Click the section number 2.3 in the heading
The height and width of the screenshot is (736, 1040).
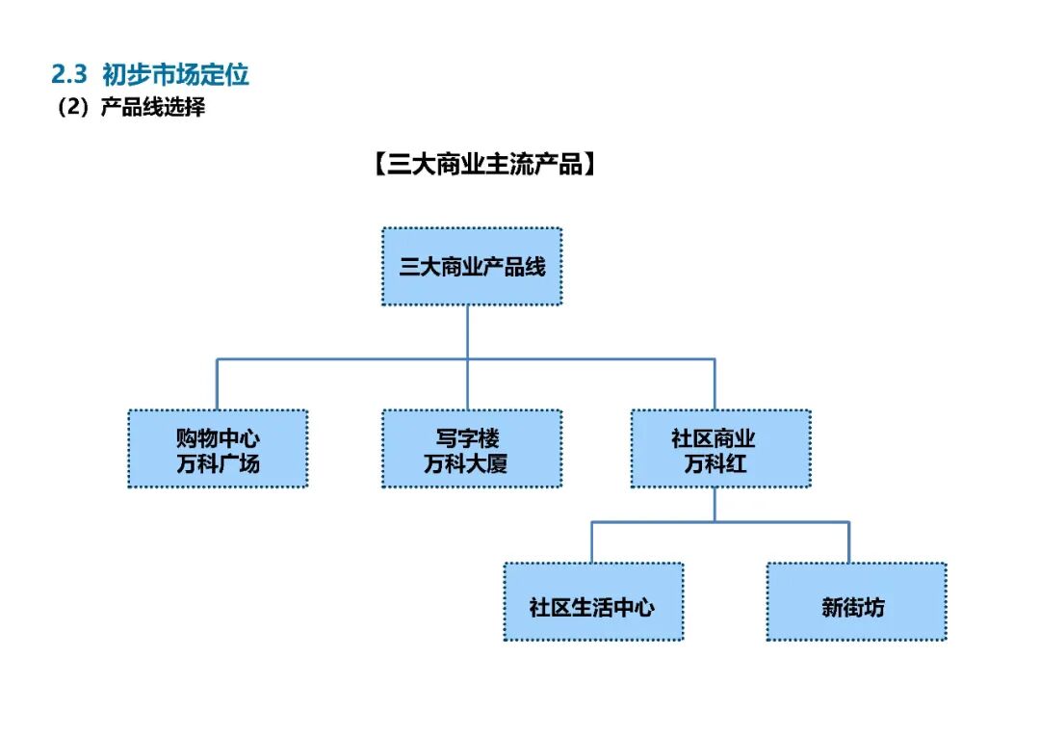69,74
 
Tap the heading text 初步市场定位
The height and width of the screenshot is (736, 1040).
175,74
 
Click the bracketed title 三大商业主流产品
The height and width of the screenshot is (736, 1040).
481,165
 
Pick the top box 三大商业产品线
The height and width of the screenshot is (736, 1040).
472,267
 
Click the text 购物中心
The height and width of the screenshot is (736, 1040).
218,438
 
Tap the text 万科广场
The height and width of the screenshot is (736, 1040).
218,463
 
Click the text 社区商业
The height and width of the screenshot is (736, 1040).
714,438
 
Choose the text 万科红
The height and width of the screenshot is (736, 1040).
714,463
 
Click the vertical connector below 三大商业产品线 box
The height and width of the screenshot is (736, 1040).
468,332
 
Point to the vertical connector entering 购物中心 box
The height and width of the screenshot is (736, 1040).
217,384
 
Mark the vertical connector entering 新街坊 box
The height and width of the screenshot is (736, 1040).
849,542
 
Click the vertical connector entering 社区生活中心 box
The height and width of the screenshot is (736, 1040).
591,542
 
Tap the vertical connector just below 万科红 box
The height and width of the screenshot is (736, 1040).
715,504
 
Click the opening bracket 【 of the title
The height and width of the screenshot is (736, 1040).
377,165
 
